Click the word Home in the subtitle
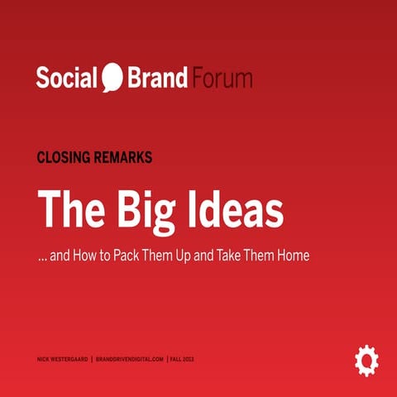[x=293, y=256]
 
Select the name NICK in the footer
[x=44, y=360]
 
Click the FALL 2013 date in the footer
[x=182, y=360]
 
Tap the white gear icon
[x=366, y=360]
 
